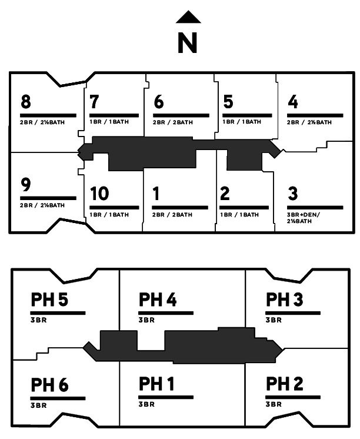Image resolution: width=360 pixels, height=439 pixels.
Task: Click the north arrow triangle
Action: [x=188, y=17]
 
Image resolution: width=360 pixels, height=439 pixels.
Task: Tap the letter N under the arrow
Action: [x=188, y=43]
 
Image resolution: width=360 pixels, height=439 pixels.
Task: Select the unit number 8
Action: [x=26, y=101]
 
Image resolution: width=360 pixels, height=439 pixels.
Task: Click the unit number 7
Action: [x=94, y=101]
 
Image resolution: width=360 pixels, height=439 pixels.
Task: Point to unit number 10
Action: [x=99, y=194]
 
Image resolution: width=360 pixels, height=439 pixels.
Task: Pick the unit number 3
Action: [x=293, y=194]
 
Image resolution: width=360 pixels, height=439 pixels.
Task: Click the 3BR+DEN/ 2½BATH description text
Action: [x=303, y=218]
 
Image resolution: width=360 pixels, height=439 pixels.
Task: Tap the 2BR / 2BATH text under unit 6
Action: [x=173, y=122]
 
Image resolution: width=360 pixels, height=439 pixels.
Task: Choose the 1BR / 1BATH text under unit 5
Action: [x=242, y=122]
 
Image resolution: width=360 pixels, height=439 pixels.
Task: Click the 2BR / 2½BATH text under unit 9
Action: [x=42, y=205]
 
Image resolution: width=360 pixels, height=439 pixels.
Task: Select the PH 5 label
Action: [x=49, y=300]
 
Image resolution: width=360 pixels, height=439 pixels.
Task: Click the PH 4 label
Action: [x=158, y=300]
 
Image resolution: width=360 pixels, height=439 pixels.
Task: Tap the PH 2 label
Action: [x=285, y=384]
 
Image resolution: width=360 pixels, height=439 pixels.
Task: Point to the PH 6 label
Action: [x=49, y=385]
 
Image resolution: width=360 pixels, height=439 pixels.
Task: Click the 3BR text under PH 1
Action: [x=146, y=404]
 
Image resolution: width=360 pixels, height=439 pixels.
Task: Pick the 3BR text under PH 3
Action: [x=274, y=320]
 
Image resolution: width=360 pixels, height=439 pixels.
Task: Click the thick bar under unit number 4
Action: [x=315, y=115]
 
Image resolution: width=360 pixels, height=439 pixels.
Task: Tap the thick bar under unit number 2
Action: [x=244, y=208]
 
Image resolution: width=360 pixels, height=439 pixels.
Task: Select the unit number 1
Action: [x=156, y=194]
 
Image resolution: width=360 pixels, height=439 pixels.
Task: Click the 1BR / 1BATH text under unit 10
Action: [x=109, y=215]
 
